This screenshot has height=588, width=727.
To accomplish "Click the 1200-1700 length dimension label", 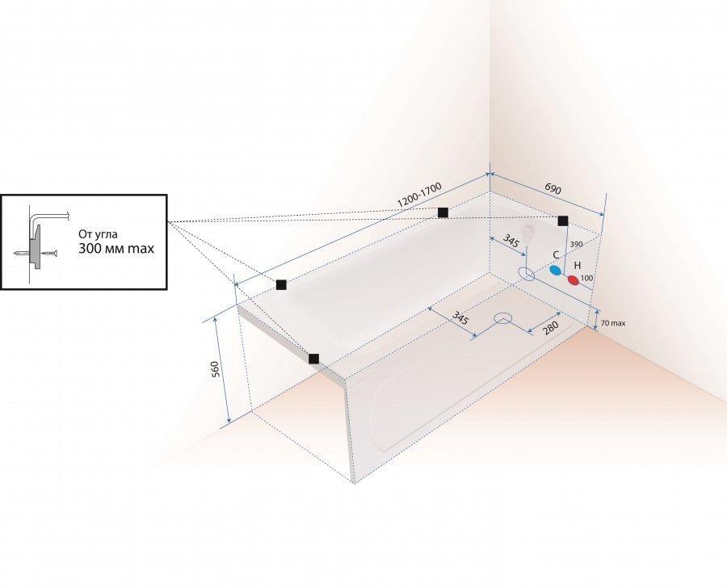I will [419, 195].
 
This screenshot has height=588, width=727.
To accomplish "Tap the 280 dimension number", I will [552, 327].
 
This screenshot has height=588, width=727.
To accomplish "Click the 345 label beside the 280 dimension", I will [459, 317].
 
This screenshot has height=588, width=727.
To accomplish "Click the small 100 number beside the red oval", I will [587, 278].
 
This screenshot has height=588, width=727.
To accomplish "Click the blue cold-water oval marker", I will [557, 271].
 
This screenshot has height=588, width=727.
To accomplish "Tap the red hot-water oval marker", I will [574, 280].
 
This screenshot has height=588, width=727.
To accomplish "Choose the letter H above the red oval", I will [577, 265].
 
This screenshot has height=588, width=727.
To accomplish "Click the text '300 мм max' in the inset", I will [116, 249].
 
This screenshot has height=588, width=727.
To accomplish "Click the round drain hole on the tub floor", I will [505, 317].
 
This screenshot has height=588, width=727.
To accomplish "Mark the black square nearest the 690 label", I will [563, 220].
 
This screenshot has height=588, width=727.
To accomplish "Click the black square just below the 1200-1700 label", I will [443, 212].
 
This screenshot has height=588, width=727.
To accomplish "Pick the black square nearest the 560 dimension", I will [313, 359].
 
